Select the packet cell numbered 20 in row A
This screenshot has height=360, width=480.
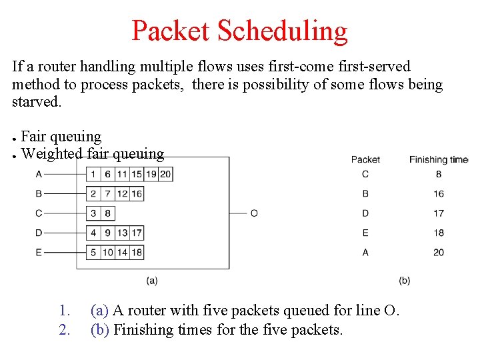pos(165,174)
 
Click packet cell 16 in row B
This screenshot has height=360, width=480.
pos(137,193)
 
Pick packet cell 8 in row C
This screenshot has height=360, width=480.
pos(107,213)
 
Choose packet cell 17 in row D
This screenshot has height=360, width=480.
pos(137,233)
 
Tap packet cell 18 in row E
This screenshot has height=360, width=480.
pos(137,252)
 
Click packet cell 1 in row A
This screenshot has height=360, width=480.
pos(93,174)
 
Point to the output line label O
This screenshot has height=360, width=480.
pos(254,213)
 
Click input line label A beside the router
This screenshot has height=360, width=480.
pos(39,174)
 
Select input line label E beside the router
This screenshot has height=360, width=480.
pos(39,252)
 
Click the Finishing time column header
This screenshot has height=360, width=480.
pos(438,159)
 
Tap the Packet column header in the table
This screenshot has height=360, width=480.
pos(365,159)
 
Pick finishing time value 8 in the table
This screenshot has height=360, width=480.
pos(438,174)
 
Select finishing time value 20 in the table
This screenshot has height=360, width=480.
pos(438,252)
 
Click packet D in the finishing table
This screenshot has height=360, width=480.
pos(365,213)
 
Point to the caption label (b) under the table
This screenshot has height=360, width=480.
pos(404,281)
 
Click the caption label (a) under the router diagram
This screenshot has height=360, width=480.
pos(152,281)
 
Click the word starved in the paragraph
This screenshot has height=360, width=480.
pos(36,102)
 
